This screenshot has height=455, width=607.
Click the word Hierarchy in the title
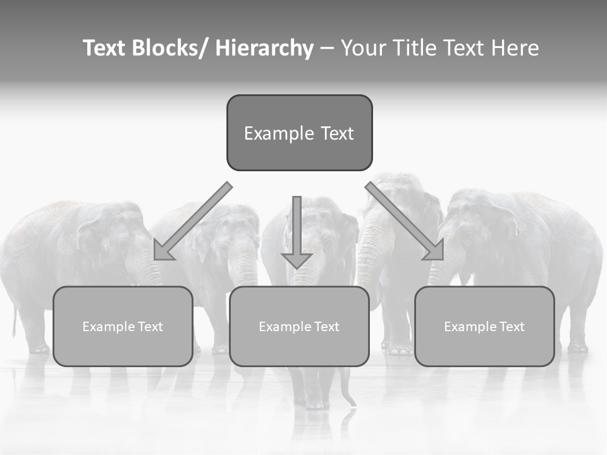(264, 48)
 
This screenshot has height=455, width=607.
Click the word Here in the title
(514, 48)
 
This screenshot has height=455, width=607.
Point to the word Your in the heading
(363, 48)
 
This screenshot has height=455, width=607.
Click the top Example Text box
(299, 133)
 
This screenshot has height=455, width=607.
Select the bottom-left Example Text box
(123, 326)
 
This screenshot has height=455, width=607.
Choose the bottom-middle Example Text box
(299, 326)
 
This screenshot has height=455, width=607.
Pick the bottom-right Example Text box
(484, 326)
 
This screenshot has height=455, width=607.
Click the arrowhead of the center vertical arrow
(297, 260)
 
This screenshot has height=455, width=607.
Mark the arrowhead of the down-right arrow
(434, 250)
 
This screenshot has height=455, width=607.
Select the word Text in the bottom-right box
(511, 327)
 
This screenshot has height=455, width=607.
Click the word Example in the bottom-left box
(108, 327)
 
